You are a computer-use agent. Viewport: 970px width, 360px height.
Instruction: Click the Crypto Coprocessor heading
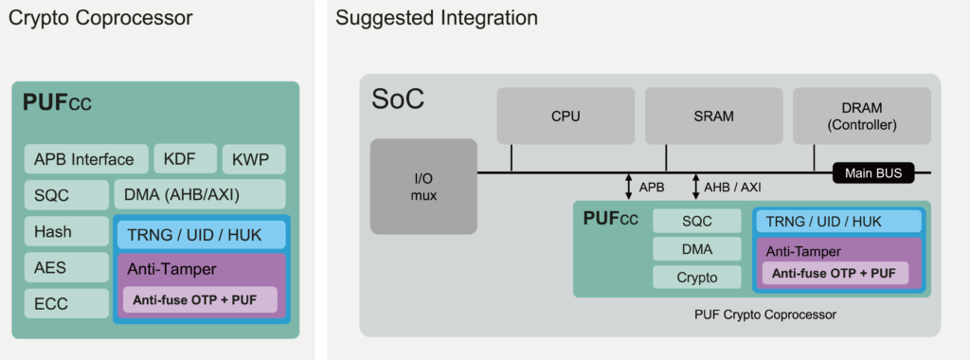coord(100,18)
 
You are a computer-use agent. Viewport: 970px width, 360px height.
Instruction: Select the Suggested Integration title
coord(437,18)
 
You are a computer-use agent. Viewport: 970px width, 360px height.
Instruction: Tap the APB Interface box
coord(84,159)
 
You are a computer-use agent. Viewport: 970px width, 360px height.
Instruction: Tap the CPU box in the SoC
coord(565,117)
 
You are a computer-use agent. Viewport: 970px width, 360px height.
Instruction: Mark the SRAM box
coord(713,117)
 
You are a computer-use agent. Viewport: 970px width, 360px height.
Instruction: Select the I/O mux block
coord(423,186)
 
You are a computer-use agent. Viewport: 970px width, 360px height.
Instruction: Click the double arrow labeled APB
coord(628,187)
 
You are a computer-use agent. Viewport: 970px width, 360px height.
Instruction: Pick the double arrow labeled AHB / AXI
coord(695,187)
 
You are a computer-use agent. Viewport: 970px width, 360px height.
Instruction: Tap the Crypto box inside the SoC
coord(697,278)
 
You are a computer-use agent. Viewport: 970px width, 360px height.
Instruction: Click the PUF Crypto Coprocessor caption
coord(752,314)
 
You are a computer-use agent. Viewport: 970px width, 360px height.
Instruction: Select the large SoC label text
coord(398,99)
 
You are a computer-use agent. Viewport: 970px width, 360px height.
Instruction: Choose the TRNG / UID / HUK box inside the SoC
coord(837,222)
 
